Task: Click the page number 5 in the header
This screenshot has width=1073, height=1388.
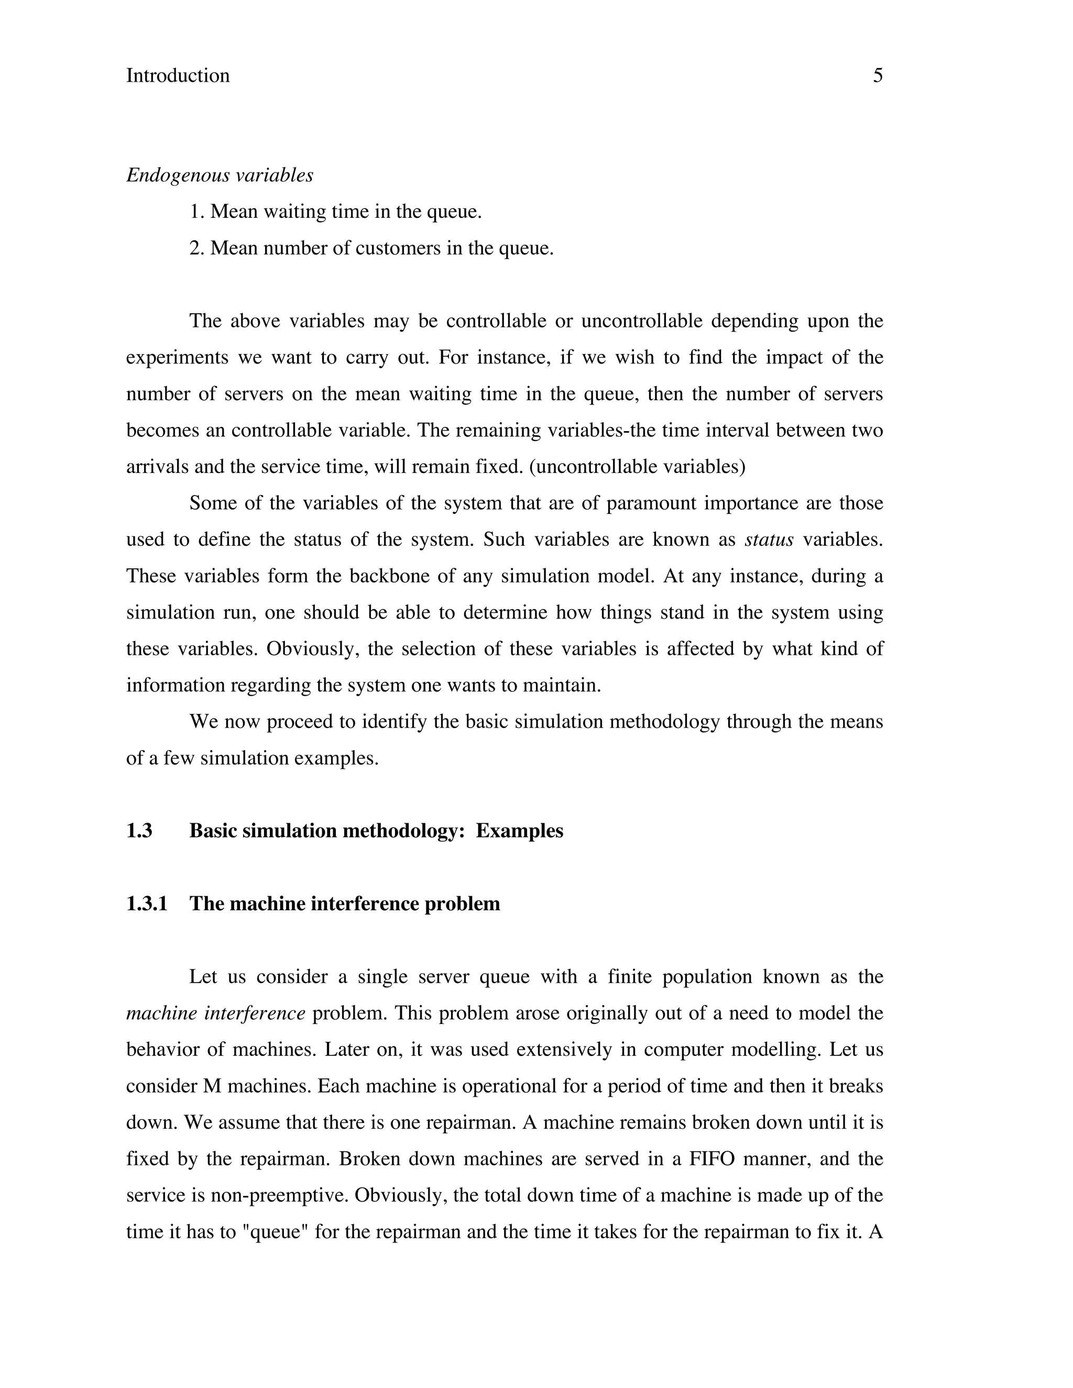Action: coord(877,75)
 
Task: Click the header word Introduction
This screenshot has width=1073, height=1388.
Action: coord(178,75)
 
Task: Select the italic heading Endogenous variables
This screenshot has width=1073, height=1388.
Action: coord(220,175)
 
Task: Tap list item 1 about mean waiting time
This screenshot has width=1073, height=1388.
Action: coord(336,212)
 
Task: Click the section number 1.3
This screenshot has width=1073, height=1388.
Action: coord(139,831)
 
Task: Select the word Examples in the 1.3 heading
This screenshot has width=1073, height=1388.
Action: coord(519,831)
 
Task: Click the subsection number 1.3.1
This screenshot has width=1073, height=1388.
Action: coord(147,904)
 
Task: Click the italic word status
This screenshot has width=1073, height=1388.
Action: coord(769,539)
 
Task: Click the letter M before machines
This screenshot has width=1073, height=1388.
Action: coord(212,1086)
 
